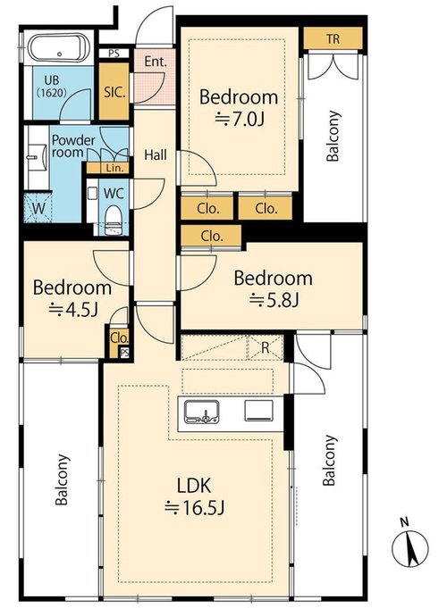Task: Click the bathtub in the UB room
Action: [59, 48]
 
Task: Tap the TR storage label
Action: [333, 38]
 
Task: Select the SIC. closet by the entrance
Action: [114, 91]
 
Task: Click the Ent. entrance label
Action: [156, 62]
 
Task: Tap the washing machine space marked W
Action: [38, 208]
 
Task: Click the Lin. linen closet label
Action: [114, 168]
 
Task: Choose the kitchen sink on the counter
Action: [201, 412]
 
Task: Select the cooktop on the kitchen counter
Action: [258, 411]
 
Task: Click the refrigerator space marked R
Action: [266, 348]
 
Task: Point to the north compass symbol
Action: [409, 546]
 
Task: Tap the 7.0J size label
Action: [240, 120]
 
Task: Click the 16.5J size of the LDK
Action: [194, 507]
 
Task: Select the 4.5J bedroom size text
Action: [72, 309]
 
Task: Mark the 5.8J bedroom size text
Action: [274, 299]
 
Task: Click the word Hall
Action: [156, 155]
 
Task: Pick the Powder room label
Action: [73, 146]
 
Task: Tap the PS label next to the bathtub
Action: [114, 54]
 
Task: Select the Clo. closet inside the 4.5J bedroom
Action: [119, 338]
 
